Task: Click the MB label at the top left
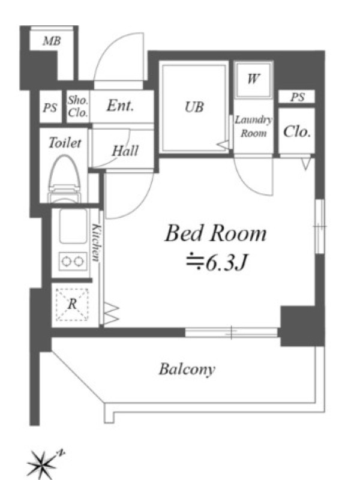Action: click(52, 41)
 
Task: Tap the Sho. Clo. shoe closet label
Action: click(78, 106)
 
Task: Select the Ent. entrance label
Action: click(121, 106)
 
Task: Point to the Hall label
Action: click(125, 151)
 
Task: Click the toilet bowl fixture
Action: click(65, 179)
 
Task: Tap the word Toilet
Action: click(65, 143)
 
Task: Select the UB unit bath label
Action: click(194, 107)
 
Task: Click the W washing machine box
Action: click(253, 80)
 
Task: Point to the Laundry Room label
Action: click(253, 127)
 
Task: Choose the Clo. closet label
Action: click(297, 131)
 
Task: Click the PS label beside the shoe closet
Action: click(50, 107)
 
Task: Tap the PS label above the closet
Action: click(297, 97)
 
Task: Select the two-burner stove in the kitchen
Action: click(72, 261)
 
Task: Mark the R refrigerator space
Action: click(72, 304)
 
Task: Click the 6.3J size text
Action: click(217, 262)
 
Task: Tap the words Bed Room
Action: click(215, 233)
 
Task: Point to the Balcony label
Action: click(187, 369)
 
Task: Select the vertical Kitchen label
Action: click(97, 243)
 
